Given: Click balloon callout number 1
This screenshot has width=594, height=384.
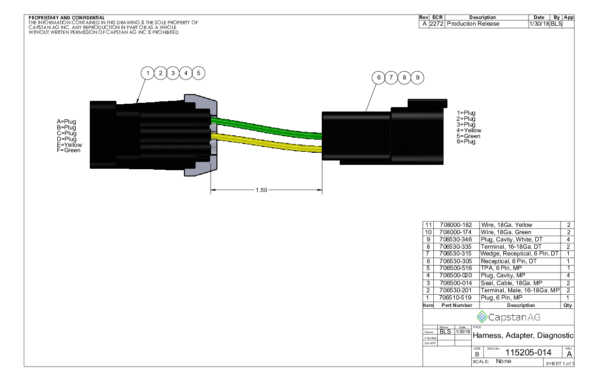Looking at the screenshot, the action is tap(148, 73).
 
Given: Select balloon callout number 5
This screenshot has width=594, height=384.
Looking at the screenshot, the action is tap(198, 73).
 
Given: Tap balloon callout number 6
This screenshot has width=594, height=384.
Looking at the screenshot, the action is tap(379, 78).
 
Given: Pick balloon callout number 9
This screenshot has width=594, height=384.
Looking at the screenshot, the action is tap(417, 78).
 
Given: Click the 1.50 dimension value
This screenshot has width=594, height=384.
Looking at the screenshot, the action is tap(261, 190).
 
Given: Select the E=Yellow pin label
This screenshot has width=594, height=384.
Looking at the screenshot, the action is tap(69, 145).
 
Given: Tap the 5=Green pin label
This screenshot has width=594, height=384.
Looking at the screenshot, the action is tap(468, 136).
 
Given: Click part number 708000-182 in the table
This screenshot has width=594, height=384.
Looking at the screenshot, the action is tap(456, 225).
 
